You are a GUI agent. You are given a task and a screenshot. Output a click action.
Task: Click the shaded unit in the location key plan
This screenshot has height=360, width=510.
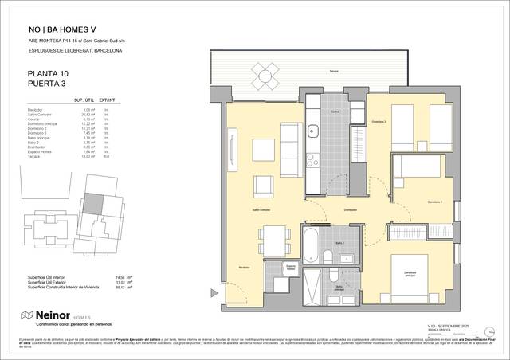click(95, 203)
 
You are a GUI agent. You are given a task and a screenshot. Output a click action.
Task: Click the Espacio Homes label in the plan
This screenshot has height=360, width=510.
click(291, 268)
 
